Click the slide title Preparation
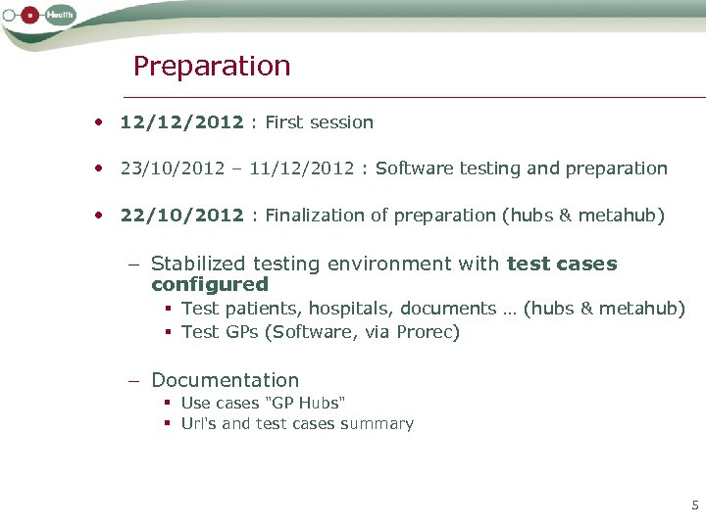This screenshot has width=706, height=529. tap(212, 67)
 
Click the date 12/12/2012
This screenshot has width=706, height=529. tap(181, 122)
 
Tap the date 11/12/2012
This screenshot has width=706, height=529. tap(302, 168)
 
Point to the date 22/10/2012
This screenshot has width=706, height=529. tap(181, 216)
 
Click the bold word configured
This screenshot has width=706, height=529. tap(209, 285)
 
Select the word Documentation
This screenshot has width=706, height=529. tap(225, 380)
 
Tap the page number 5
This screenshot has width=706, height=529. tap(695, 505)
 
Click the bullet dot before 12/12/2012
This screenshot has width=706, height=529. tap(99, 123)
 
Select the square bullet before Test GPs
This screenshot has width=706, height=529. tap(169, 333)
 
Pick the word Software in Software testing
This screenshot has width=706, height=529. tap(411, 168)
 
